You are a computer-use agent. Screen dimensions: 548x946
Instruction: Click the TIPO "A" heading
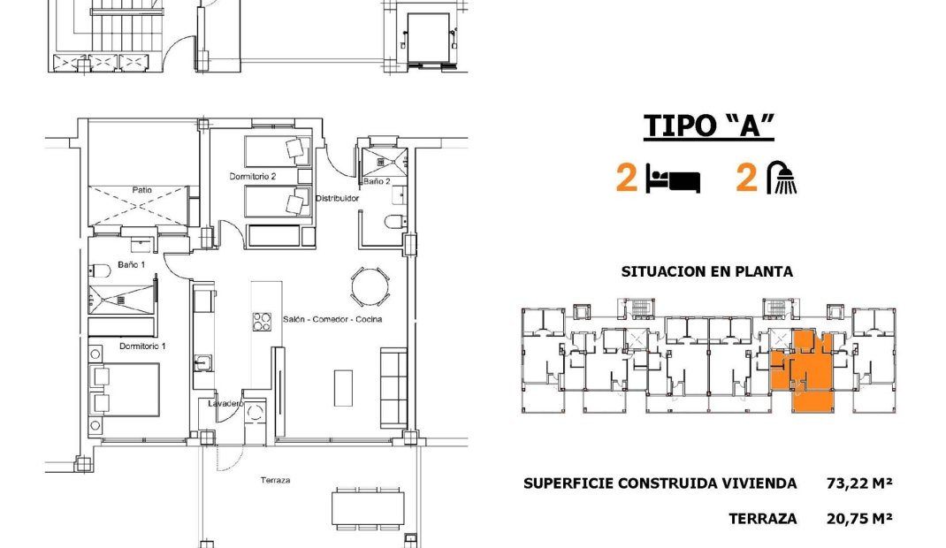click(709, 126)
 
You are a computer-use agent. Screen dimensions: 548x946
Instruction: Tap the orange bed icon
click(673, 179)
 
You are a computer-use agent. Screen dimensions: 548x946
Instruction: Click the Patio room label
click(142, 189)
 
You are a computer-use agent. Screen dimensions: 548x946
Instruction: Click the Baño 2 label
click(376, 181)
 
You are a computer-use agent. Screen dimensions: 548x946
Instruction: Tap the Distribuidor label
click(337, 199)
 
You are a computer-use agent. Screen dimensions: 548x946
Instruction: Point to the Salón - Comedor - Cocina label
click(332, 319)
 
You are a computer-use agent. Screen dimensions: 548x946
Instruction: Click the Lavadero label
click(225, 403)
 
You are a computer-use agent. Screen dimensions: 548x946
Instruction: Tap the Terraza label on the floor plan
click(276, 481)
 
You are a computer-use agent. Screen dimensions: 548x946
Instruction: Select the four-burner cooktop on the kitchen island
click(262, 322)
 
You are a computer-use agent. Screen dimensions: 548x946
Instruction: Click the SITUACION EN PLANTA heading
click(707, 272)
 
